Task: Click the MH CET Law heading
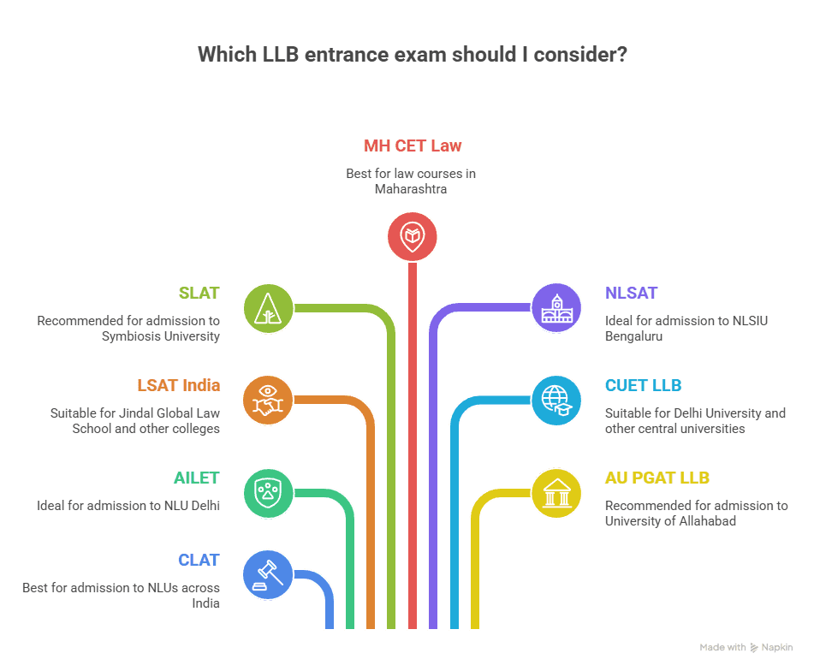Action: coord(413,145)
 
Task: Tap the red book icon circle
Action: coord(413,236)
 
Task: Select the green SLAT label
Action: coord(199,293)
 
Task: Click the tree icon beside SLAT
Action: coord(268,307)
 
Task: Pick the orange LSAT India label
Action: coord(179,385)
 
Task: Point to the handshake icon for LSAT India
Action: coord(268,400)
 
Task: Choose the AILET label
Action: coord(197,478)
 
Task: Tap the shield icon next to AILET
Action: coord(268,492)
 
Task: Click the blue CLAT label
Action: coord(199,560)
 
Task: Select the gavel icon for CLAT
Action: coord(268,574)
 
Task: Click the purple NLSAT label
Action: coord(632,293)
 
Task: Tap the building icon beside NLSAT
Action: coord(556,307)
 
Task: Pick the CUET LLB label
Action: coord(644,385)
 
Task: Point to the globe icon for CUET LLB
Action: coord(556,400)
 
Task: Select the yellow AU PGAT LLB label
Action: coord(657,478)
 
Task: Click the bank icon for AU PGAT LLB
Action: coord(556,492)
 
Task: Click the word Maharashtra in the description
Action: coord(411,189)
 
